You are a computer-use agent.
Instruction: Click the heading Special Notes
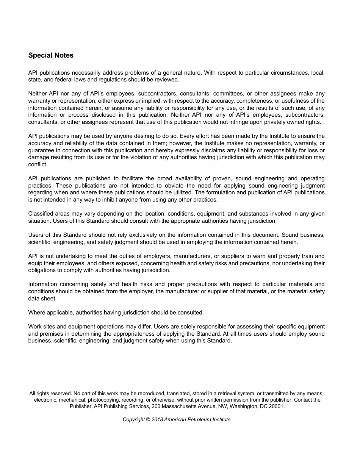click(51, 55)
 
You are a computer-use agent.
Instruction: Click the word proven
click(224, 178)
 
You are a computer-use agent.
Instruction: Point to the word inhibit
click(108, 200)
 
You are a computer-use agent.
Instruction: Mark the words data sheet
click(42, 299)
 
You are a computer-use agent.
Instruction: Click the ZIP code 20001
click(276, 407)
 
